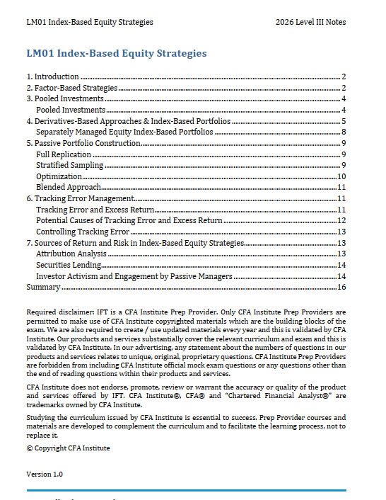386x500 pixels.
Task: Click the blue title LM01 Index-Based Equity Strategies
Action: click(x=116, y=53)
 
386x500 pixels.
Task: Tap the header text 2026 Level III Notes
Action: click(x=310, y=22)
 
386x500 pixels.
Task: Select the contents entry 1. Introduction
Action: click(x=52, y=76)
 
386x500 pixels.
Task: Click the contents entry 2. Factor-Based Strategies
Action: click(x=71, y=88)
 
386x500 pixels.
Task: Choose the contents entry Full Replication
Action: click(x=64, y=154)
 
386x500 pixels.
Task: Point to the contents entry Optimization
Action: click(x=59, y=176)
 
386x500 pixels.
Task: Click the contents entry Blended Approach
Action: click(x=68, y=187)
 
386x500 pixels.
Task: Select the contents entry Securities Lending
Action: click(x=67, y=265)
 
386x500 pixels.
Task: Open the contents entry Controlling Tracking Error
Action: click(x=83, y=232)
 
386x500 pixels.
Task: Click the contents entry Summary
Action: click(x=42, y=287)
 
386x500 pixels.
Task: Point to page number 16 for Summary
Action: click(x=341, y=287)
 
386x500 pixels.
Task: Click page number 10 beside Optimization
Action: click(x=341, y=176)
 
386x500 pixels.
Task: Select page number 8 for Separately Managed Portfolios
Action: click(x=343, y=132)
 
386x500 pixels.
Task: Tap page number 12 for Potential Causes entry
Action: click(x=341, y=220)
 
